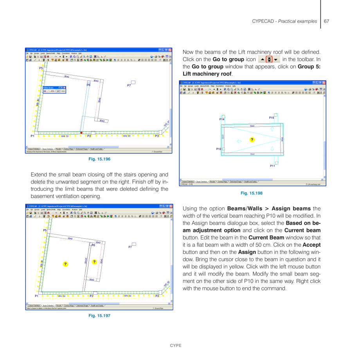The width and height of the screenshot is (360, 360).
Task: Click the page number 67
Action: [x=326, y=21]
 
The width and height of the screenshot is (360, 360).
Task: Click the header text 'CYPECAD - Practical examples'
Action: [x=284, y=21]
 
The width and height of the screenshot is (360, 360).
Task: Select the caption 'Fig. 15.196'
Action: [x=99, y=159]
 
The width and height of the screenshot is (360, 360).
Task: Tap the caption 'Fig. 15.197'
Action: [x=99, y=315]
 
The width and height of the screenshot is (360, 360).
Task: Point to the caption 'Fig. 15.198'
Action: [x=252, y=193]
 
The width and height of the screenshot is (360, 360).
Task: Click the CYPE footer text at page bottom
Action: [x=175, y=346]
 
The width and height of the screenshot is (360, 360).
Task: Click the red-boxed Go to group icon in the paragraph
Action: [x=269, y=59]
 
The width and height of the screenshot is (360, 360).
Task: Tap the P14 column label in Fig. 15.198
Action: [x=222, y=119]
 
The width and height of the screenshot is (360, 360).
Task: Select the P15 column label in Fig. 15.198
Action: [x=271, y=117]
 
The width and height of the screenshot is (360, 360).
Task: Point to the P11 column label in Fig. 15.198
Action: [x=272, y=166]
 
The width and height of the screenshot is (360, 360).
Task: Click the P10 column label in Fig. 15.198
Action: [x=219, y=149]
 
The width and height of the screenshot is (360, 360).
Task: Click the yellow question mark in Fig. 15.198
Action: [x=252, y=140]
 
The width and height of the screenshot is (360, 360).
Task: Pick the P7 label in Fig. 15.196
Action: [x=129, y=85]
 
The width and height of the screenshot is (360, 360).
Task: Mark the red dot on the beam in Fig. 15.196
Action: [x=81, y=133]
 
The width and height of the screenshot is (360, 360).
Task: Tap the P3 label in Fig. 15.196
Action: [x=157, y=136]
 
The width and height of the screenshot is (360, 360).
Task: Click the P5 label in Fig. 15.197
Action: [x=45, y=230]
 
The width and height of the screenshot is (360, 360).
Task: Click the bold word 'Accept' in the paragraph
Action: [x=312, y=245]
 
